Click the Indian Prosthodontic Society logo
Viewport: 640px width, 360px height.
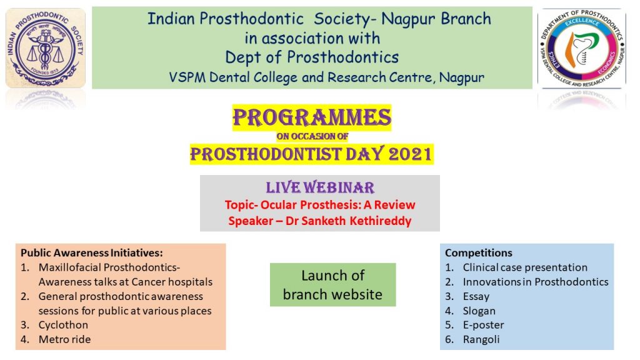(x=45, y=48)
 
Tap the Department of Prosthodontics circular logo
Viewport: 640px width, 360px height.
(x=582, y=48)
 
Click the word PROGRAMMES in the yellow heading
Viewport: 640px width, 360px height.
(x=312, y=117)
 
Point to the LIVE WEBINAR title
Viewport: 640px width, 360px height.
(x=320, y=187)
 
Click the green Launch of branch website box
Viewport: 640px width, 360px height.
(x=332, y=284)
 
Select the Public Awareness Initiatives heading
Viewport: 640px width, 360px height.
(x=92, y=252)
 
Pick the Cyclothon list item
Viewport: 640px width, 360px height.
(x=63, y=325)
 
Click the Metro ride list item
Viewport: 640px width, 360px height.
(x=64, y=339)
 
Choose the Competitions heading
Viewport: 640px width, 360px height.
(x=478, y=252)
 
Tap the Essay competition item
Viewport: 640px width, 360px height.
(x=476, y=296)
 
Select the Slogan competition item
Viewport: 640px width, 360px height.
(x=479, y=311)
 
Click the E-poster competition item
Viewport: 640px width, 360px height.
(x=483, y=325)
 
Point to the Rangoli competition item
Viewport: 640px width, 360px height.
(x=481, y=339)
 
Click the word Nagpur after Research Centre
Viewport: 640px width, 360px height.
(x=462, y=77)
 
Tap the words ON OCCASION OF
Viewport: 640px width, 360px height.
(x=312, y=136)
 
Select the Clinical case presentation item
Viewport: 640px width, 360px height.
(x=525, y=267)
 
